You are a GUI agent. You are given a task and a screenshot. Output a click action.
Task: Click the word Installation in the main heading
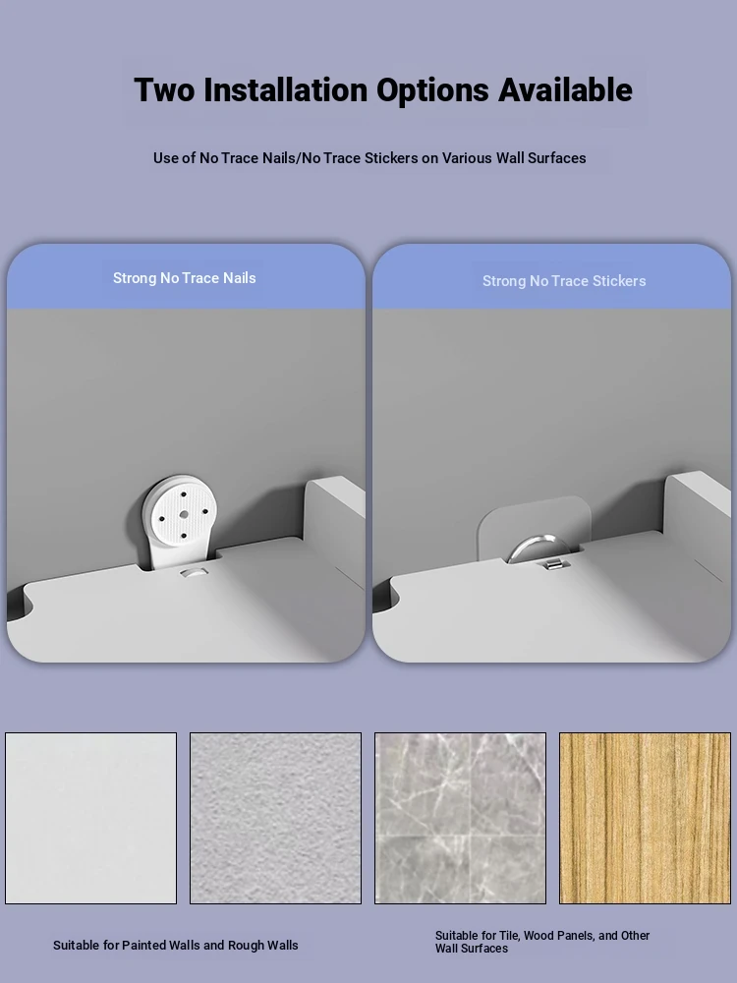point(286,89)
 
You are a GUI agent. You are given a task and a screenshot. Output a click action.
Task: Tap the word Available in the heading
point(565,89)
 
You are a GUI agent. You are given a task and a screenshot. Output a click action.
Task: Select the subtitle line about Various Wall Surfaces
point(369,158)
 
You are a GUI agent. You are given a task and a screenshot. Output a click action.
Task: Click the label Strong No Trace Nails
point(185,278)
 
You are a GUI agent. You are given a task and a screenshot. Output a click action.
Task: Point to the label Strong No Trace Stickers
point(564,281)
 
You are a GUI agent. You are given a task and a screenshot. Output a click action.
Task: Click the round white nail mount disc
point(180,513)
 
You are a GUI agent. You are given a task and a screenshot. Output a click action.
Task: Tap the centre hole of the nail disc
point(184,514)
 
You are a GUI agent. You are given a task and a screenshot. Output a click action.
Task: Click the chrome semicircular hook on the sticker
point(539,545)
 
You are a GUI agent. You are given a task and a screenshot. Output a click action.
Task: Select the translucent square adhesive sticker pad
point(535,527)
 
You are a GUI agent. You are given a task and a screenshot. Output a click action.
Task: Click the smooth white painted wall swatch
point(90,818)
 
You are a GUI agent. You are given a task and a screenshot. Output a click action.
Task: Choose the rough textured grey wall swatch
point(276,818)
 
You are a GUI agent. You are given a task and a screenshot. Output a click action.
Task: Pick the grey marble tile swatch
point(460,818)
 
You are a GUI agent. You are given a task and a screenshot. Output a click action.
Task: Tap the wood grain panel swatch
point(645,818)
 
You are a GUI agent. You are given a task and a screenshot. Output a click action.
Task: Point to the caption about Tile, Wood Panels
point(542,942)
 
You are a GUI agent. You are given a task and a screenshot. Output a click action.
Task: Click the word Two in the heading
point(164,89)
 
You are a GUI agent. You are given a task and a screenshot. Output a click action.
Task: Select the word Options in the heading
point(432,90)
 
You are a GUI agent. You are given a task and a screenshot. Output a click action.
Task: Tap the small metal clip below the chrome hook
point(553,565)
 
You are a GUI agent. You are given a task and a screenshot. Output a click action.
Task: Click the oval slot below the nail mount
point(194,573)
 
